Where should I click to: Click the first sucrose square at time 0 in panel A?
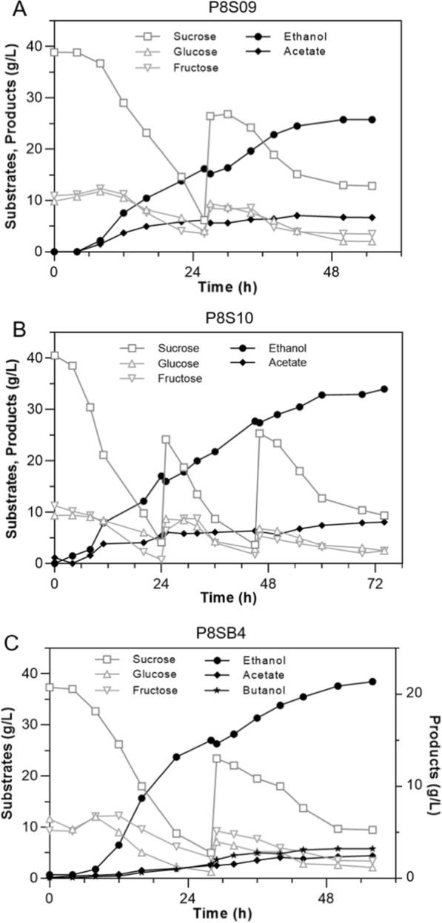[54, 52]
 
